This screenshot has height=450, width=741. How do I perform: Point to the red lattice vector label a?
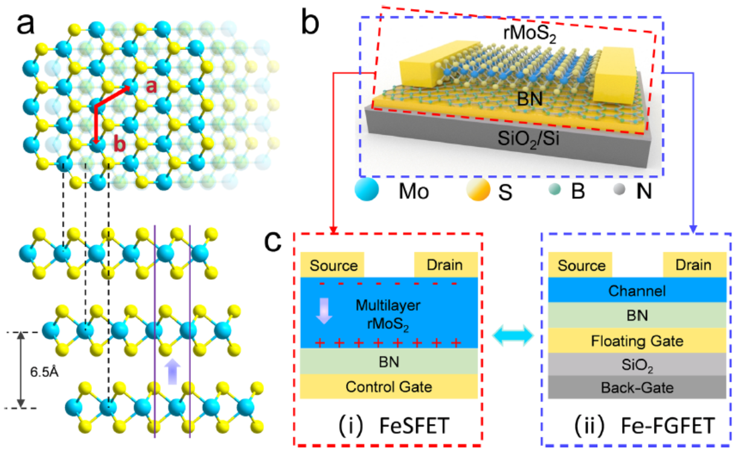(x=152, y=86)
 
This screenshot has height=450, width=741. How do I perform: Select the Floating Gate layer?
(x=637, y=341)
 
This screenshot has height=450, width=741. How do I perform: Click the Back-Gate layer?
(x=637, y=387)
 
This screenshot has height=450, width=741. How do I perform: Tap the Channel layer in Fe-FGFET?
(x=637, y=292)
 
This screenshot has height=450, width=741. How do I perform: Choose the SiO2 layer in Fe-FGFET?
(x=637, y=365)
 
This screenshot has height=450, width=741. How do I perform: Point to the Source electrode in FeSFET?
(x=332, y=265)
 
